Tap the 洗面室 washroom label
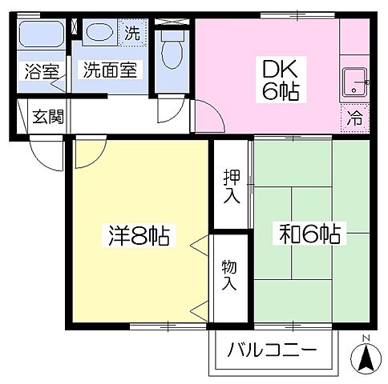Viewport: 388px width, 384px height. [x=111, y=70]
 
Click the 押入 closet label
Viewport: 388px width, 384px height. [x=231, y=186]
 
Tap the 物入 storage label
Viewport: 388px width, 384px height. [x=231, y=275]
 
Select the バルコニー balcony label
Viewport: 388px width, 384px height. [x=270, y=350]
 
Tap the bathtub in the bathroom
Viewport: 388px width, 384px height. [x=42, y=36]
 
